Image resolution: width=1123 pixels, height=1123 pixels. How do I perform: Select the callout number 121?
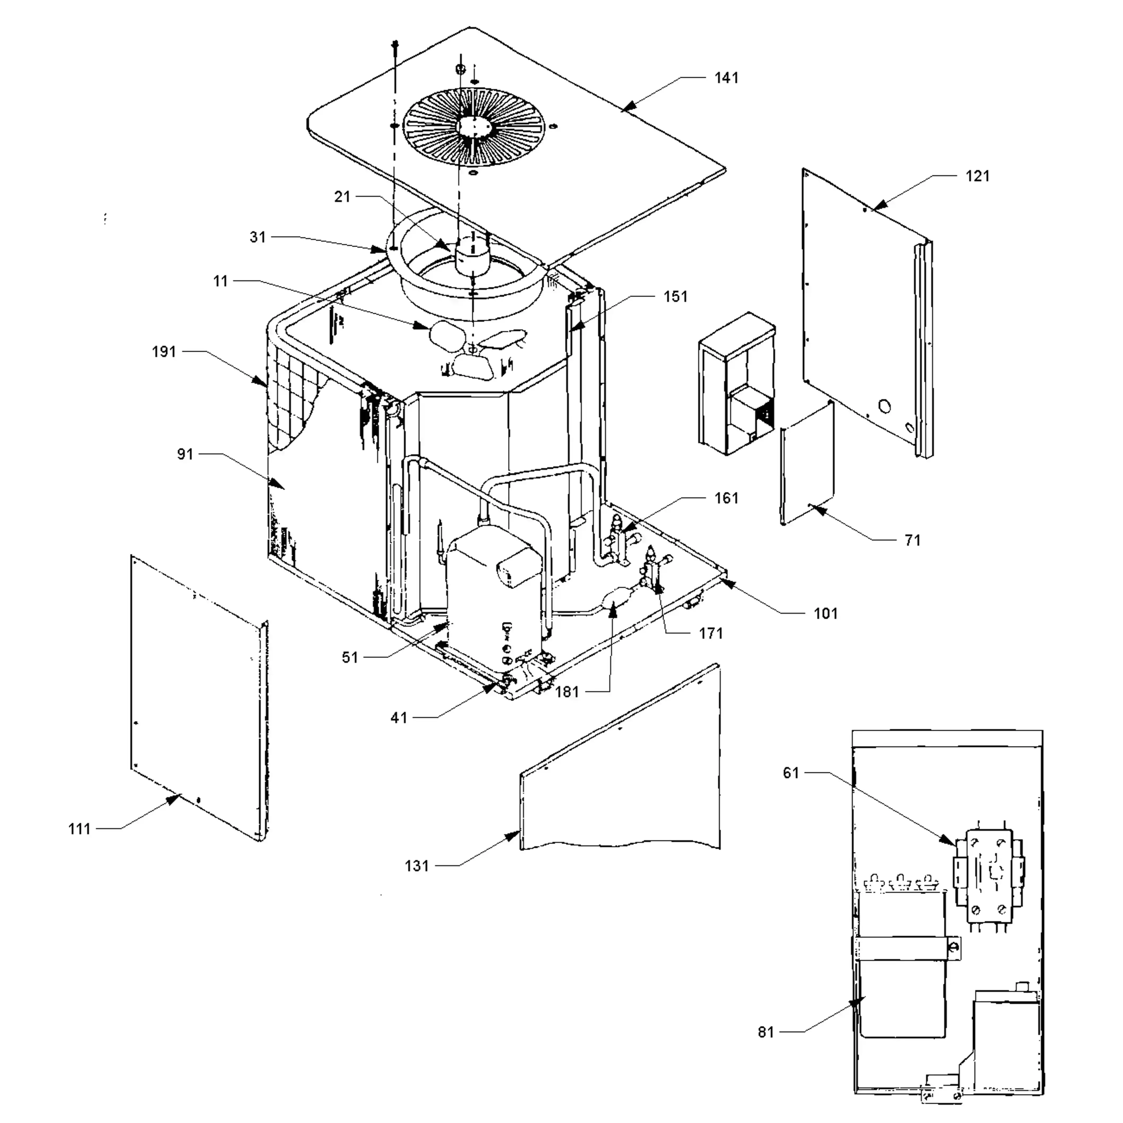click(x=977, y=176)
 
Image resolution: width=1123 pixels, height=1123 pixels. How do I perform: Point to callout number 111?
click(x=80, y=829)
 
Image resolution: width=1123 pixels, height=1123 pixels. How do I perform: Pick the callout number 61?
click(x=791, y=773)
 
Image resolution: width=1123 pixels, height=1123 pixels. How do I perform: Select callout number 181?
click(x=567, y=692)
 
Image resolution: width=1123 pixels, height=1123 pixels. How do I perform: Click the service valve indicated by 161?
click(x=617, y=541)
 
